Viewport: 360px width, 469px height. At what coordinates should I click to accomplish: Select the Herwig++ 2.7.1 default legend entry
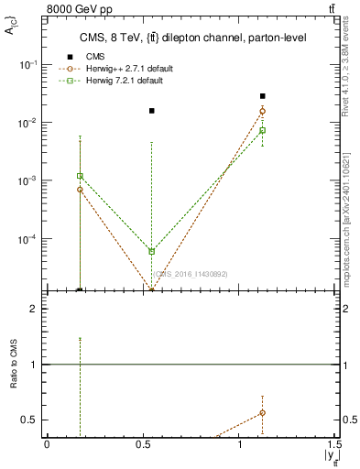(x=127, y=69)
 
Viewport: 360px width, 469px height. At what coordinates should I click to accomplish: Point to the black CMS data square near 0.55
(x=152, y=111)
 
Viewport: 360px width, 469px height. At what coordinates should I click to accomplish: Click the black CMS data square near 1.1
(x=262, y=96)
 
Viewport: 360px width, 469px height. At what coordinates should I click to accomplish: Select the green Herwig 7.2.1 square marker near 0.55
(x=152, y=251)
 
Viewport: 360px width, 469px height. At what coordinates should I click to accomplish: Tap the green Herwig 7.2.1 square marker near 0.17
(x=80, y=176)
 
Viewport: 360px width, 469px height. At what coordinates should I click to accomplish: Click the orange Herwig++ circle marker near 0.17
(x=80, y=190)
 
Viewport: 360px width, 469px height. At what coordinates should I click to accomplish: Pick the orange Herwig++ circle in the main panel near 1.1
(x=262, y=112)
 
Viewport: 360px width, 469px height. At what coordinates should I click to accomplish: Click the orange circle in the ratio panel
(x=262, y=413)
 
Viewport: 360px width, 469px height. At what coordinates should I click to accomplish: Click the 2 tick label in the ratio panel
(x=34, y=310)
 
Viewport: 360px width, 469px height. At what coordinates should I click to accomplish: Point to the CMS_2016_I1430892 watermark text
(x=191, y=273)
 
